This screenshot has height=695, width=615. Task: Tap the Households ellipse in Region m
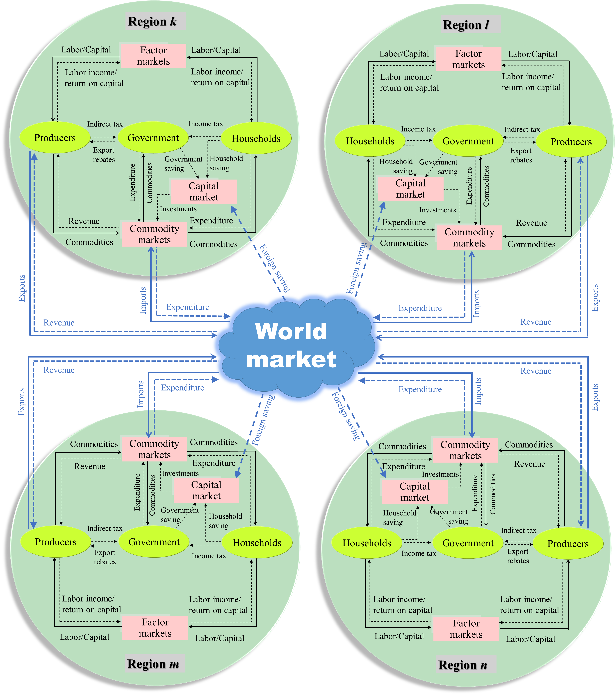point(257,543)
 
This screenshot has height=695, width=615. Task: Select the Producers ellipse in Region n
point(568,544)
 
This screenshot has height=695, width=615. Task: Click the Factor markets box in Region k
point(153,55)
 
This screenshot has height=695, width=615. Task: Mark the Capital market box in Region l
point(410,189)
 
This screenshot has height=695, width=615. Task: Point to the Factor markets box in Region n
point(466,629)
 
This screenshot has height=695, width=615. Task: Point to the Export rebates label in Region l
point(521,155)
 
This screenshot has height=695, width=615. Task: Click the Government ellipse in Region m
point(154,542)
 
